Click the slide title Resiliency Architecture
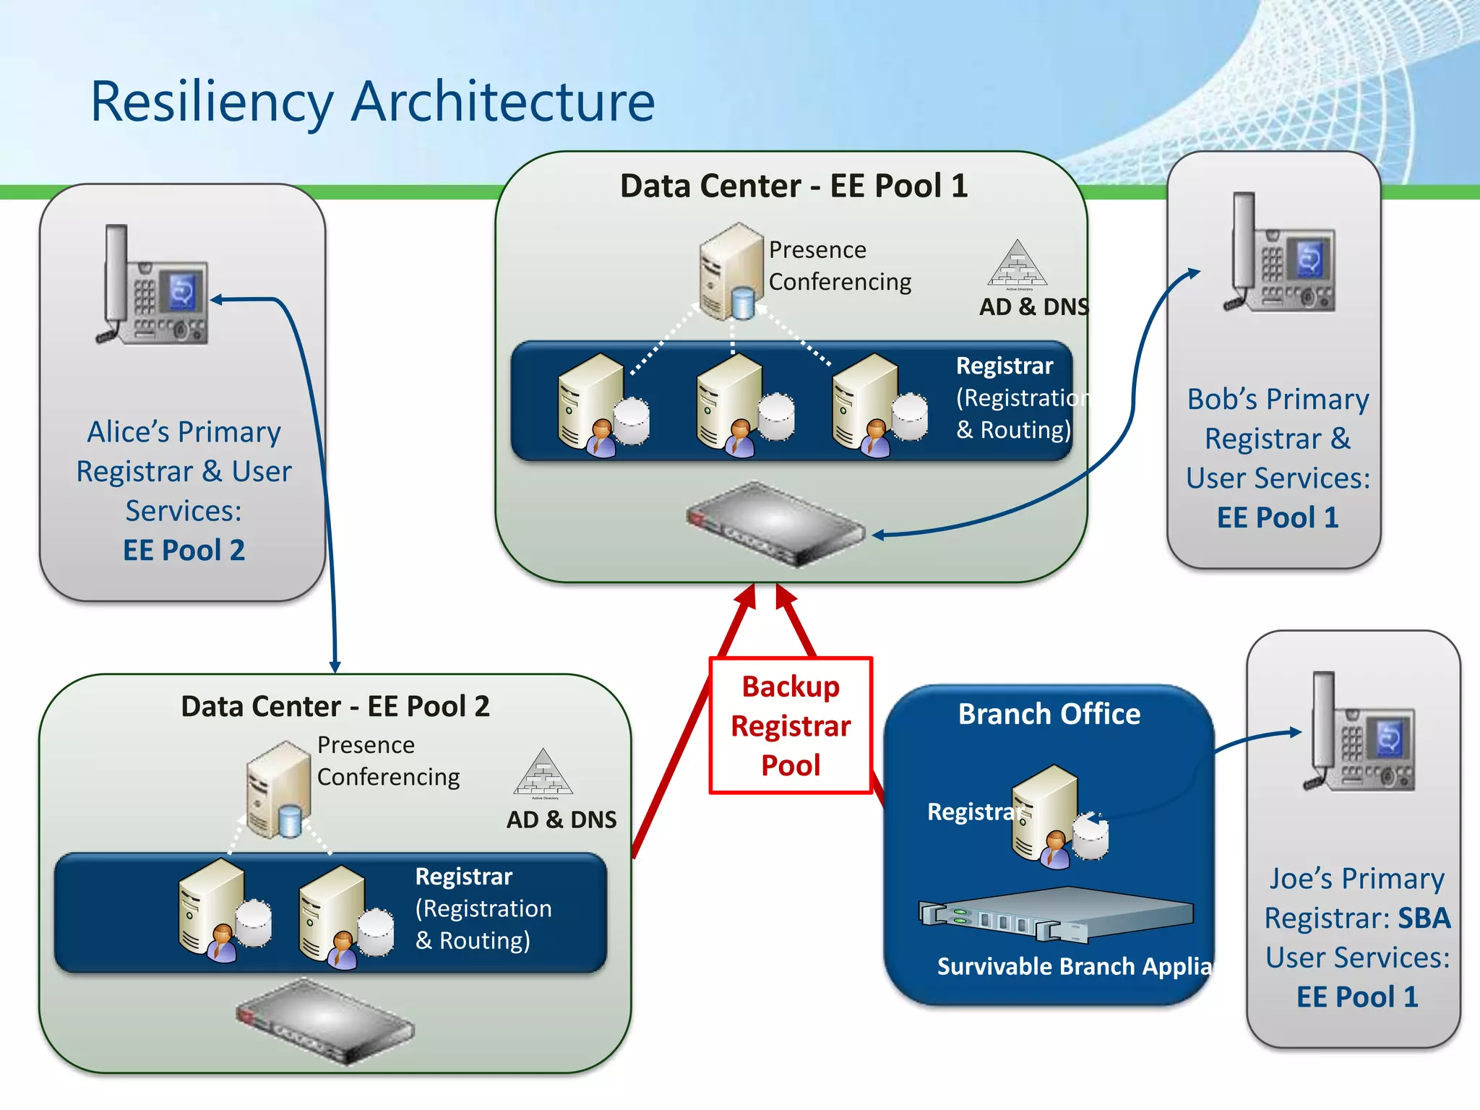pos(372,101)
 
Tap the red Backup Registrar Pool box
pos(791,725)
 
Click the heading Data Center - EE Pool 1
pos(793,186)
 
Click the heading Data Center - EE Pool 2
pos(335,706)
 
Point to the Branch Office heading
pos(1049,714)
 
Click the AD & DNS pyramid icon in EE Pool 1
pos(1017,264)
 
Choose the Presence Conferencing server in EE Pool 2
pos(278,789)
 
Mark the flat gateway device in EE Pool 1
pos(775,524)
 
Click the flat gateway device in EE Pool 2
pos(325,1020)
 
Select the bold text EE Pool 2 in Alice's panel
pos(184,551)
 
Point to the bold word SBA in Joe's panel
pos(1424,918)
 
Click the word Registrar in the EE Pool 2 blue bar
pos(463,877)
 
